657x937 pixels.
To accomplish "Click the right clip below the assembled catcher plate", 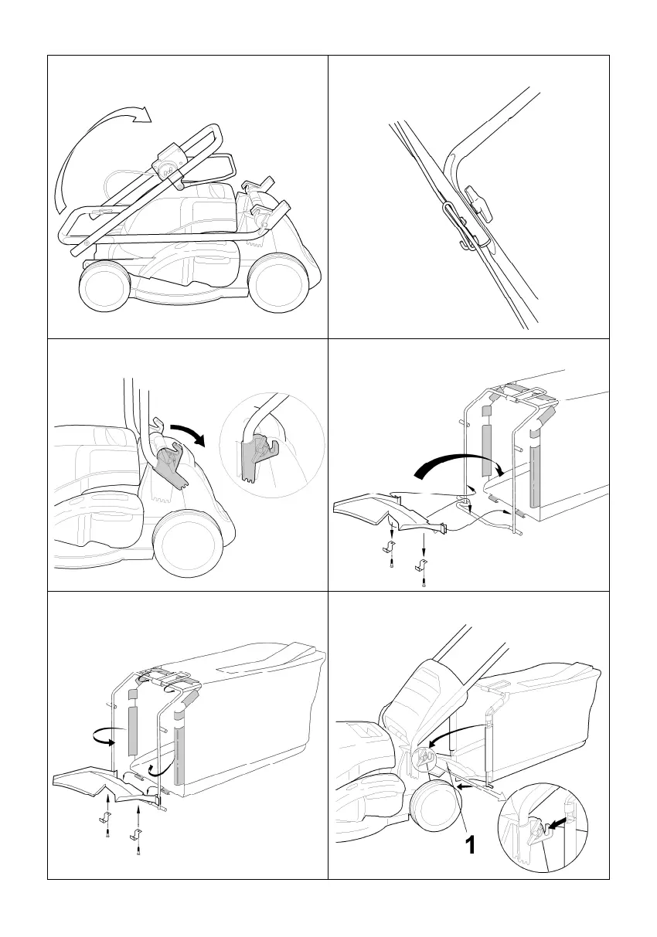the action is (137, 833).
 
